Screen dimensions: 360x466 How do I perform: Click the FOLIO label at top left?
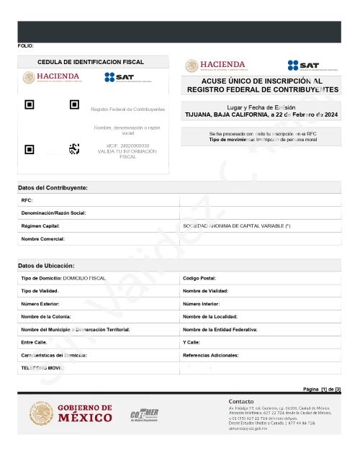tap(25, 46)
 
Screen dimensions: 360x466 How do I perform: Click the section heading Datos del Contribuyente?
tap(53, 187)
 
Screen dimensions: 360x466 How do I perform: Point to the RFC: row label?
tap(27, 200)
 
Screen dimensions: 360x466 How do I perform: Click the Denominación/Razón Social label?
tap(53, 213)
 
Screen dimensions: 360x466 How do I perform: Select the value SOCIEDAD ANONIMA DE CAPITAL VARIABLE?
tap(237, 226)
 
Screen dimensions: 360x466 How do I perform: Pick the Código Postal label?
tap(199, 278)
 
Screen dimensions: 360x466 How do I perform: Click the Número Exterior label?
tap(40, 304)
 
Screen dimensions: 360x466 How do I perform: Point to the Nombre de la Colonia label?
tap(50, 317)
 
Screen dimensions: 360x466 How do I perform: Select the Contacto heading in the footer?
tap(240, 401)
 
